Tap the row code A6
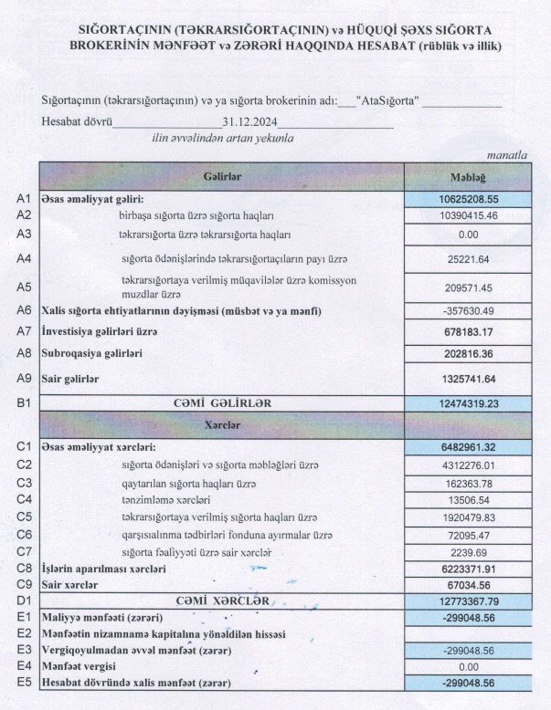coord(24,310)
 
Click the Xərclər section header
coord(223,424)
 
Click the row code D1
coord(24,600)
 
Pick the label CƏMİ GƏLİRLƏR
coord(222,402)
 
